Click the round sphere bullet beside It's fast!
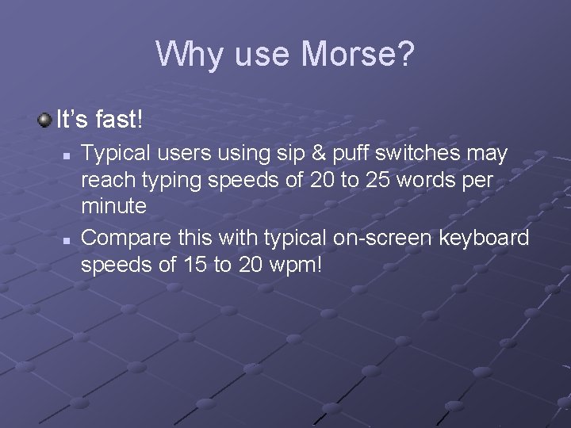pos(45,120)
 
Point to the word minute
pos(113,207)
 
